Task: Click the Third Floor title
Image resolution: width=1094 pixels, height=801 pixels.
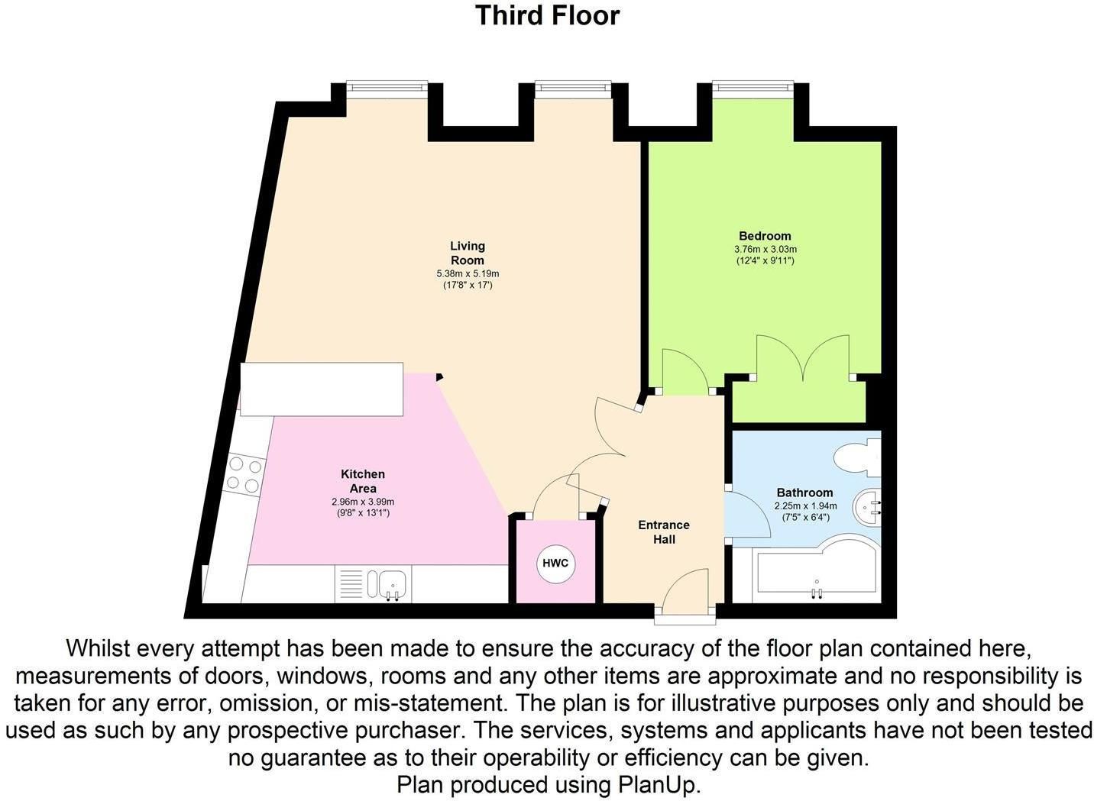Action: (547, 15)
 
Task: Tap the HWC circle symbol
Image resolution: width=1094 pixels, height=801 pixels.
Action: (555, 564)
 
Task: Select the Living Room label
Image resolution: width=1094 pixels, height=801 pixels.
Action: (467, 253)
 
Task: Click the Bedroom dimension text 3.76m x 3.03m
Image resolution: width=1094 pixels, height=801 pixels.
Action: (765, 249)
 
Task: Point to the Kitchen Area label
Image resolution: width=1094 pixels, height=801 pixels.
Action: (362, 481)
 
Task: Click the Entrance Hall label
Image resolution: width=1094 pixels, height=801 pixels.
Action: (663, 532)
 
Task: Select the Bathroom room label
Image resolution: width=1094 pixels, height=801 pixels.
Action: (804, 493)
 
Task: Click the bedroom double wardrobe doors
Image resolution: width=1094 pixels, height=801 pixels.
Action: (803, 359)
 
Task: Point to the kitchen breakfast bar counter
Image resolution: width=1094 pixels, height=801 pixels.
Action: (322, 389)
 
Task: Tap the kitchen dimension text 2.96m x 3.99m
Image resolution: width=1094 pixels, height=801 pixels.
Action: (362, 502)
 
